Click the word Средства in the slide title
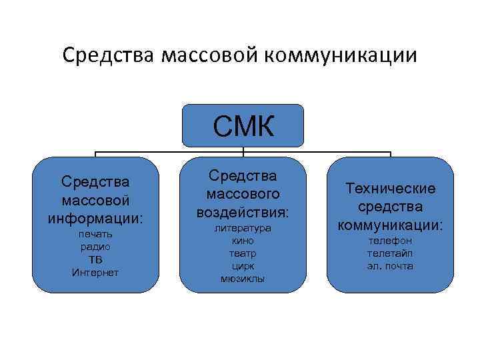(x=108, y=55)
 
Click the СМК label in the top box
(x=243, y=126)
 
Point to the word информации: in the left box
(x=95, y=218)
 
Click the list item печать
(x=95, y=234)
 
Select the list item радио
(x=95, y=246)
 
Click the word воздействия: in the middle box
(x=243, y=212)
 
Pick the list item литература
(x=243, y=228)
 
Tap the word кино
(x=243, y=241)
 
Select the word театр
(x=243, y=253)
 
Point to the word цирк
(x=243, y=266)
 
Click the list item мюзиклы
(x=243, y=279)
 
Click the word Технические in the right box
(x=391, y=189)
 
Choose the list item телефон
(x=390, y=240)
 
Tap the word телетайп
(x=390, y=253)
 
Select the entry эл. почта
(x=390, y=265)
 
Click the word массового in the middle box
(x=243, y=194)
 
